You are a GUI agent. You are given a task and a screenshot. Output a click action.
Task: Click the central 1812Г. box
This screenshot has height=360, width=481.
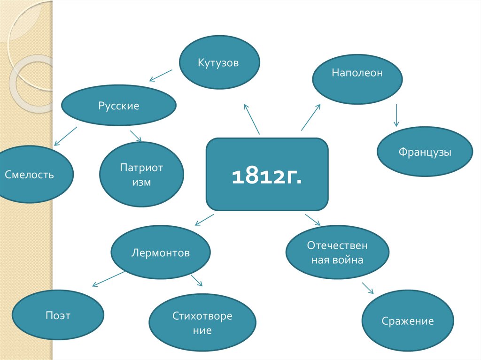[x=267, y=174]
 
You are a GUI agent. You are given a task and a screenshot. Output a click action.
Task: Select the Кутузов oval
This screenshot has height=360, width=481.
[x=220, y=62]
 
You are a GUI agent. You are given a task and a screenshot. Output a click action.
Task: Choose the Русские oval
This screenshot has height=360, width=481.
[x=119, y=106]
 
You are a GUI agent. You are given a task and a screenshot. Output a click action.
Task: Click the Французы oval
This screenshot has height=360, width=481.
[x=425, y=152]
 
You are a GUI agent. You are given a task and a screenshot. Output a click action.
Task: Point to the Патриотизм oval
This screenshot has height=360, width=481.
[x=141, y=175]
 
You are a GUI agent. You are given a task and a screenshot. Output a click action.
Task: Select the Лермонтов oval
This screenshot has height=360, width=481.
[x=160, y=253]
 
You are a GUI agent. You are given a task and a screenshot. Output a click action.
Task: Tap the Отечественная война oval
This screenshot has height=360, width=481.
[x=337, y=253]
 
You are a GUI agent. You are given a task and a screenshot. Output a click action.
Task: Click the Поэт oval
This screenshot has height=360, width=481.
[x=58, y=315]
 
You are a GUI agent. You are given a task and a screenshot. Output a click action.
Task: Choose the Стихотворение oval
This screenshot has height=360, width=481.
[x=202, y=323]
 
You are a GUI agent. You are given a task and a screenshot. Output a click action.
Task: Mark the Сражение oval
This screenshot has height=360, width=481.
[x=407, y=321]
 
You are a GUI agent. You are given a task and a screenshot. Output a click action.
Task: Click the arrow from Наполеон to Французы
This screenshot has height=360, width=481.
[x=396, y=115]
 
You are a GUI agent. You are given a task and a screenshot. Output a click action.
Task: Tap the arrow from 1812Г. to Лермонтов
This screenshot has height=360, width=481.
[x=204, y=220]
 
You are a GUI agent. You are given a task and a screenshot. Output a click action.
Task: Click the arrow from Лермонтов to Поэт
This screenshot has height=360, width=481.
[x=109, y=278]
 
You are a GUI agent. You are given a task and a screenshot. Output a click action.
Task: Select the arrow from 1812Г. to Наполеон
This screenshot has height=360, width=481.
[x=310, y=117]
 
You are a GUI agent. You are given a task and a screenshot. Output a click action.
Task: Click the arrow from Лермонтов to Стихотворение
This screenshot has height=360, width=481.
[x=196, y=281]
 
